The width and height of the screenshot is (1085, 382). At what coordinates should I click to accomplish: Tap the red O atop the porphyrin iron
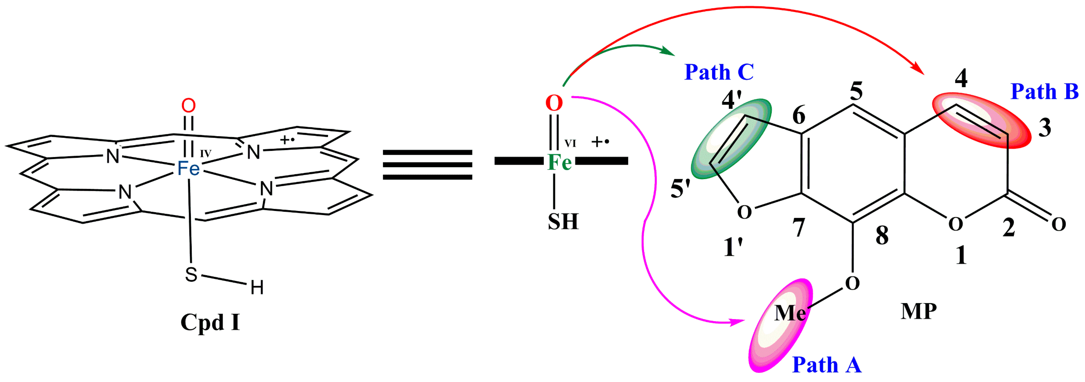tap(188, 105)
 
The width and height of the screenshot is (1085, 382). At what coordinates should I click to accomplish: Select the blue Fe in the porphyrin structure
tap(188, 168)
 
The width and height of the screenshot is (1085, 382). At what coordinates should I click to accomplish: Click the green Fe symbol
tap(559, 162)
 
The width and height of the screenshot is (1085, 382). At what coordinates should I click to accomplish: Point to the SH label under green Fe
tap(563, 222)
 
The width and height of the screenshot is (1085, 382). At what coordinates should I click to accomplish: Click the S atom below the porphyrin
tap(191, 275)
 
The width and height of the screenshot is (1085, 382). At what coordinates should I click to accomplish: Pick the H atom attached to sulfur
tap(257, 288)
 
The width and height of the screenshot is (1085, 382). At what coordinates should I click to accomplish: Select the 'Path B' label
tap(1044, 91)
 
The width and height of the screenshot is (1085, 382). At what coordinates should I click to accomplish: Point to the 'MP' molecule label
tap(919, 312)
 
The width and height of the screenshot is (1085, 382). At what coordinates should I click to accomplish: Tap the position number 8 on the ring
tap(882, 236)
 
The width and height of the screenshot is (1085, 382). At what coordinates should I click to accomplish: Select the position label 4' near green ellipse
tap(732, 100)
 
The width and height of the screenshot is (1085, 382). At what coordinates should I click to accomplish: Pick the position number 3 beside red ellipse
tap(1044, 128)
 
